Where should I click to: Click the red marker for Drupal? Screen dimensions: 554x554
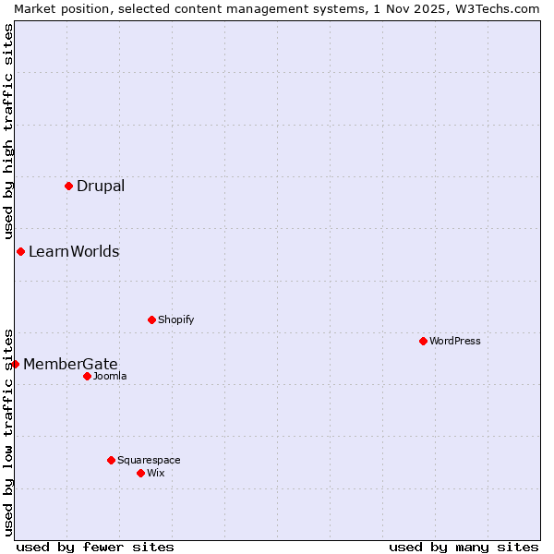68,186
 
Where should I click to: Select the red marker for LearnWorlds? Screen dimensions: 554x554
20,251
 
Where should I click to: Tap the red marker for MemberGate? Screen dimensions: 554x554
15,364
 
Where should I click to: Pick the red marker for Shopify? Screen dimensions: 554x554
151,319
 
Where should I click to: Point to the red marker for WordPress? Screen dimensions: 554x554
423,341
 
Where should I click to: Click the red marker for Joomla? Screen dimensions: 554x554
87,376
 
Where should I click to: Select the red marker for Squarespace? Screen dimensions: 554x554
111,460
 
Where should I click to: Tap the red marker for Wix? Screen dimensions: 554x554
140,473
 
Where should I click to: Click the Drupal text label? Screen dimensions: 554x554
101,186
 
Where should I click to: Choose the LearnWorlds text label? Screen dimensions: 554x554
74,251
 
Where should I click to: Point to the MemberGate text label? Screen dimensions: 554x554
70,364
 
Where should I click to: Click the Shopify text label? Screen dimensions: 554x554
175,319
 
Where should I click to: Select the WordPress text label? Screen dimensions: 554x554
455,341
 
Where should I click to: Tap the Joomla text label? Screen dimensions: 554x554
110,376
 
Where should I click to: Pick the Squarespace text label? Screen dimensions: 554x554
149,460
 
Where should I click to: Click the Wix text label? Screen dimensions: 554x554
155,473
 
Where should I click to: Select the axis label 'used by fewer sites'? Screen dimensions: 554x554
95,547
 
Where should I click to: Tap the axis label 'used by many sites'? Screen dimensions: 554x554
464,547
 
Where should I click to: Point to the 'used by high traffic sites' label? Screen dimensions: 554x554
8,131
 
